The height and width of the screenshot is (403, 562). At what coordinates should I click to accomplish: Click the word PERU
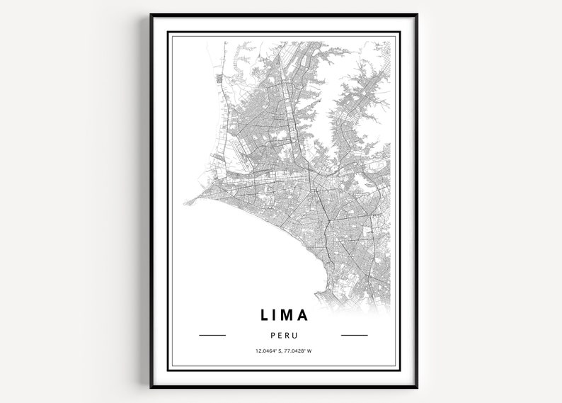283,335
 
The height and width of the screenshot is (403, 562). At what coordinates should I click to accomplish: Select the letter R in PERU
287,335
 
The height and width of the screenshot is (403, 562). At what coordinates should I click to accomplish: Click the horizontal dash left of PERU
212,335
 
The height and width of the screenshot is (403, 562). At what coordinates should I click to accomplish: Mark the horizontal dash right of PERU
355,335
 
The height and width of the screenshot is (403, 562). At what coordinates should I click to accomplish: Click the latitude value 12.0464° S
267,351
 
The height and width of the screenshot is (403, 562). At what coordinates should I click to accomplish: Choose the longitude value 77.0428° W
298,351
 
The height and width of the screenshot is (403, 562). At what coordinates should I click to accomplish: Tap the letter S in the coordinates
279,351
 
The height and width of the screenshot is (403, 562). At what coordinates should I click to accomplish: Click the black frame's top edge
283,14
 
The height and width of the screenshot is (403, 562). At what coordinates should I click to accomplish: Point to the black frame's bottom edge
283,387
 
